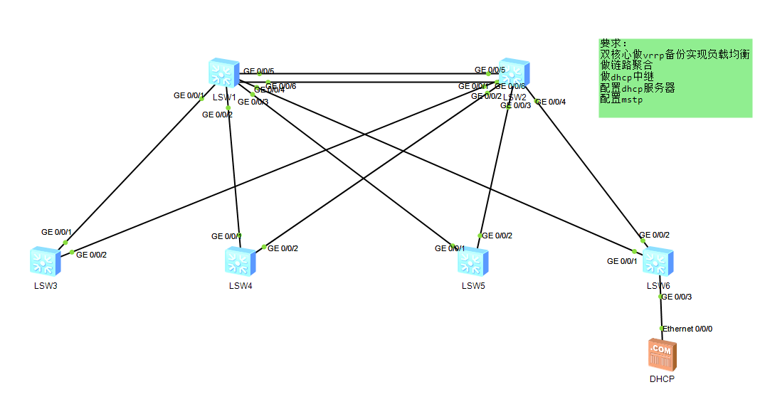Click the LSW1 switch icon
(x=223, y=74)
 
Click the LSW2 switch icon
(x=513, y=74)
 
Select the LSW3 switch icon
(x=46, y=261)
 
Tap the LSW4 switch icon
(x=240, y=261)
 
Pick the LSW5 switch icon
(x=473, y=261)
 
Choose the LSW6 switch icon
(x=657, y=261)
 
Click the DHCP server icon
(x=662, y=354)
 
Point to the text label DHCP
(x=662, y=379)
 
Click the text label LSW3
(x=46, y=286)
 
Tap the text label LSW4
(x=241, y=286)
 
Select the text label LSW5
(x=473, y=286)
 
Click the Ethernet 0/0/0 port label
(x=688, y=329)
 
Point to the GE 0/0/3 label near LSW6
(x=677, y=297)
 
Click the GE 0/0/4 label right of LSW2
(x=551, y=102)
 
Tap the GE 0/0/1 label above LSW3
(x=57, y=232)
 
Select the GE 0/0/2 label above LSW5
(x=497, y=235)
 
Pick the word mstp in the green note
(x=632, y=100)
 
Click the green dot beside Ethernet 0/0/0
(x=662, y=328)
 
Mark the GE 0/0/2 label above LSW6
(x=655, y=235)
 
